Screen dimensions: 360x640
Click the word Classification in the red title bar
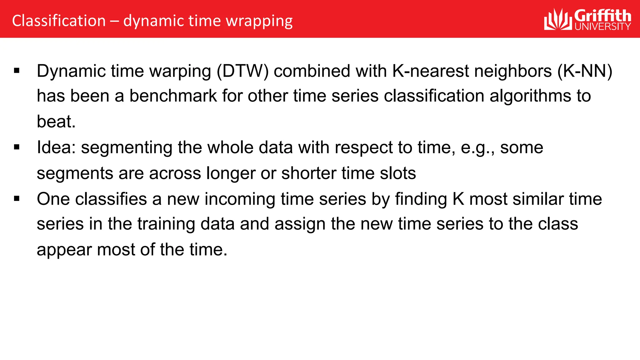pos(59,21)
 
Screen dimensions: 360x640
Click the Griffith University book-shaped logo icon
pos(558,20)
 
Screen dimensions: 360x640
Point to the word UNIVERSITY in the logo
pos(603,26)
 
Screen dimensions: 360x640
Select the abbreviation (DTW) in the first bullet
pos(242,71)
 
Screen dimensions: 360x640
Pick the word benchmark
pos(173,96)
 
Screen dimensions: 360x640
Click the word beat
pos(56,121)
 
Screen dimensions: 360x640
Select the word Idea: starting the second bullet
pos(56,147)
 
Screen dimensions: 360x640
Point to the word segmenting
pos(127,148)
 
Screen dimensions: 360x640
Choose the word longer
pos(231,173)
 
